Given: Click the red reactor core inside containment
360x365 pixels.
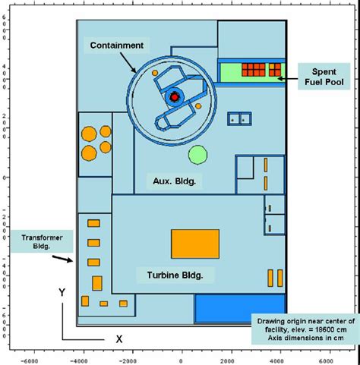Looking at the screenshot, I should (175, 96).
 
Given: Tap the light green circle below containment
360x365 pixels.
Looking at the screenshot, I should (197, 155).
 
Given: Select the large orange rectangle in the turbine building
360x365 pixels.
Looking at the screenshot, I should (194, 244).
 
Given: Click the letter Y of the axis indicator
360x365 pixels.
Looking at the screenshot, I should (62, 291).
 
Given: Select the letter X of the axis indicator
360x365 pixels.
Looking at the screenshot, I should (118, 339).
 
